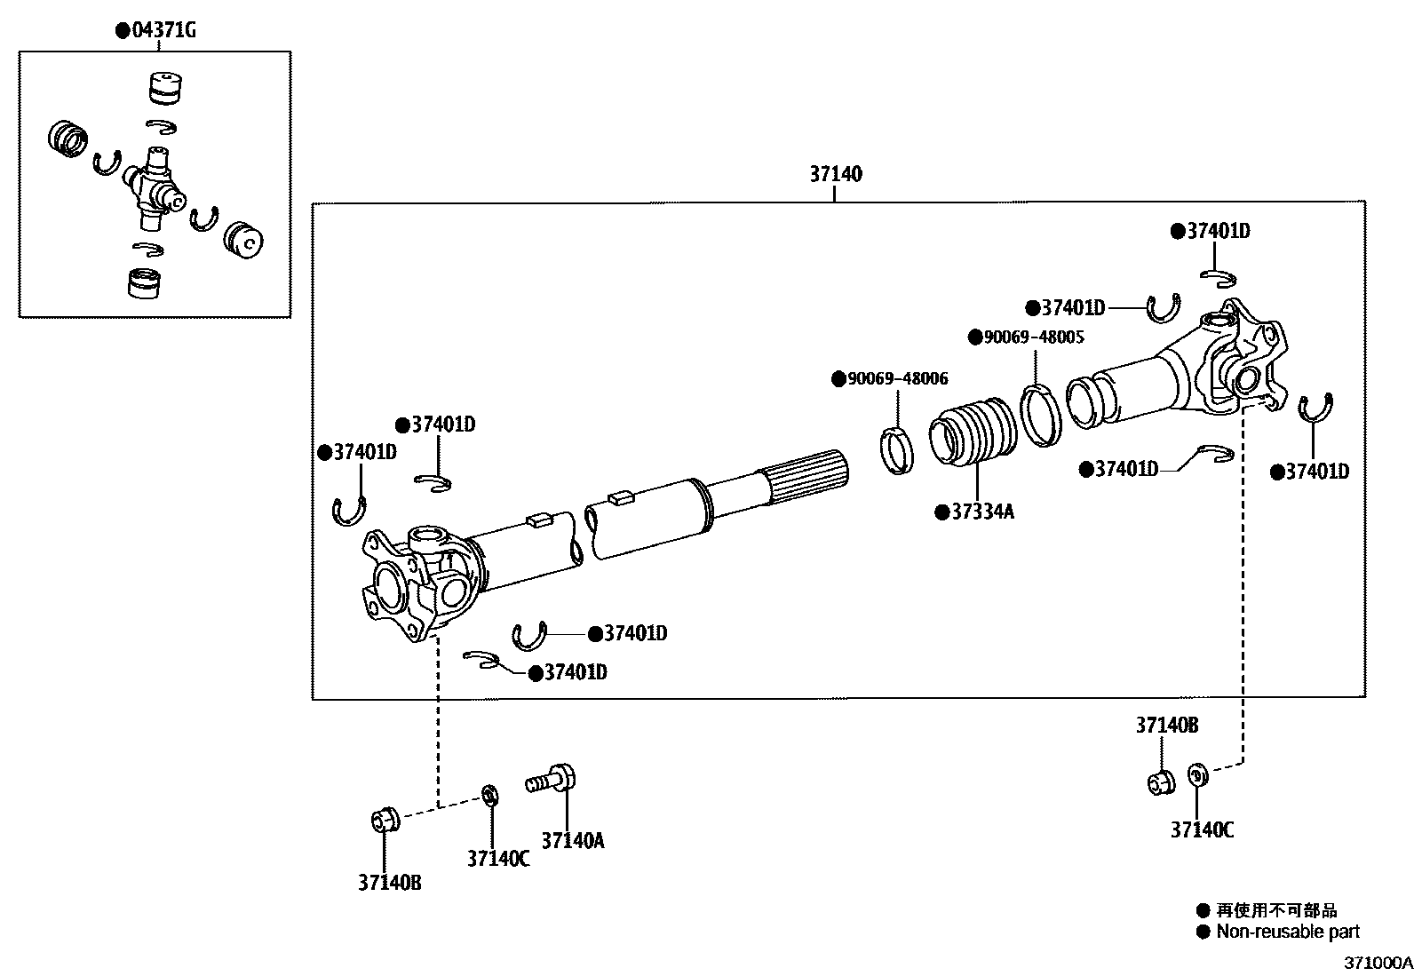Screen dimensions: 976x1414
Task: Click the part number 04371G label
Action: coord(163,31)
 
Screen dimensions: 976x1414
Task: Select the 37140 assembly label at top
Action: coord(835,174)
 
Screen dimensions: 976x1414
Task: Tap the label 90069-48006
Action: coord(897,379)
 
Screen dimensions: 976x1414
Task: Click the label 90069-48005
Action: coord(1034,337)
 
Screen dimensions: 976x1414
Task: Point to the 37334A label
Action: coord(981,512)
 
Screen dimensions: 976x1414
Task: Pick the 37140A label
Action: coord(572,840)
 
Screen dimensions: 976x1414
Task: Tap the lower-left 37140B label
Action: coord(389,883)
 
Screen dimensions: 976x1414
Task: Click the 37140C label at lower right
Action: coord(1202,830)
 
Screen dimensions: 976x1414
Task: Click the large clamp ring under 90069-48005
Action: coord(1039,413)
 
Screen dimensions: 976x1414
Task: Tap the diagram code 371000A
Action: coord(1377,963)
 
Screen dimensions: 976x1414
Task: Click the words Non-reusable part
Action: coord(1287,932)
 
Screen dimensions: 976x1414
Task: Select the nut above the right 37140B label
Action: coord(1159,782)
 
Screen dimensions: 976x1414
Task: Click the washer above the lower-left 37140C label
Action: coord(489,794)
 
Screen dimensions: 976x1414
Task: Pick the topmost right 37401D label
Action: coord(1218,232)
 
